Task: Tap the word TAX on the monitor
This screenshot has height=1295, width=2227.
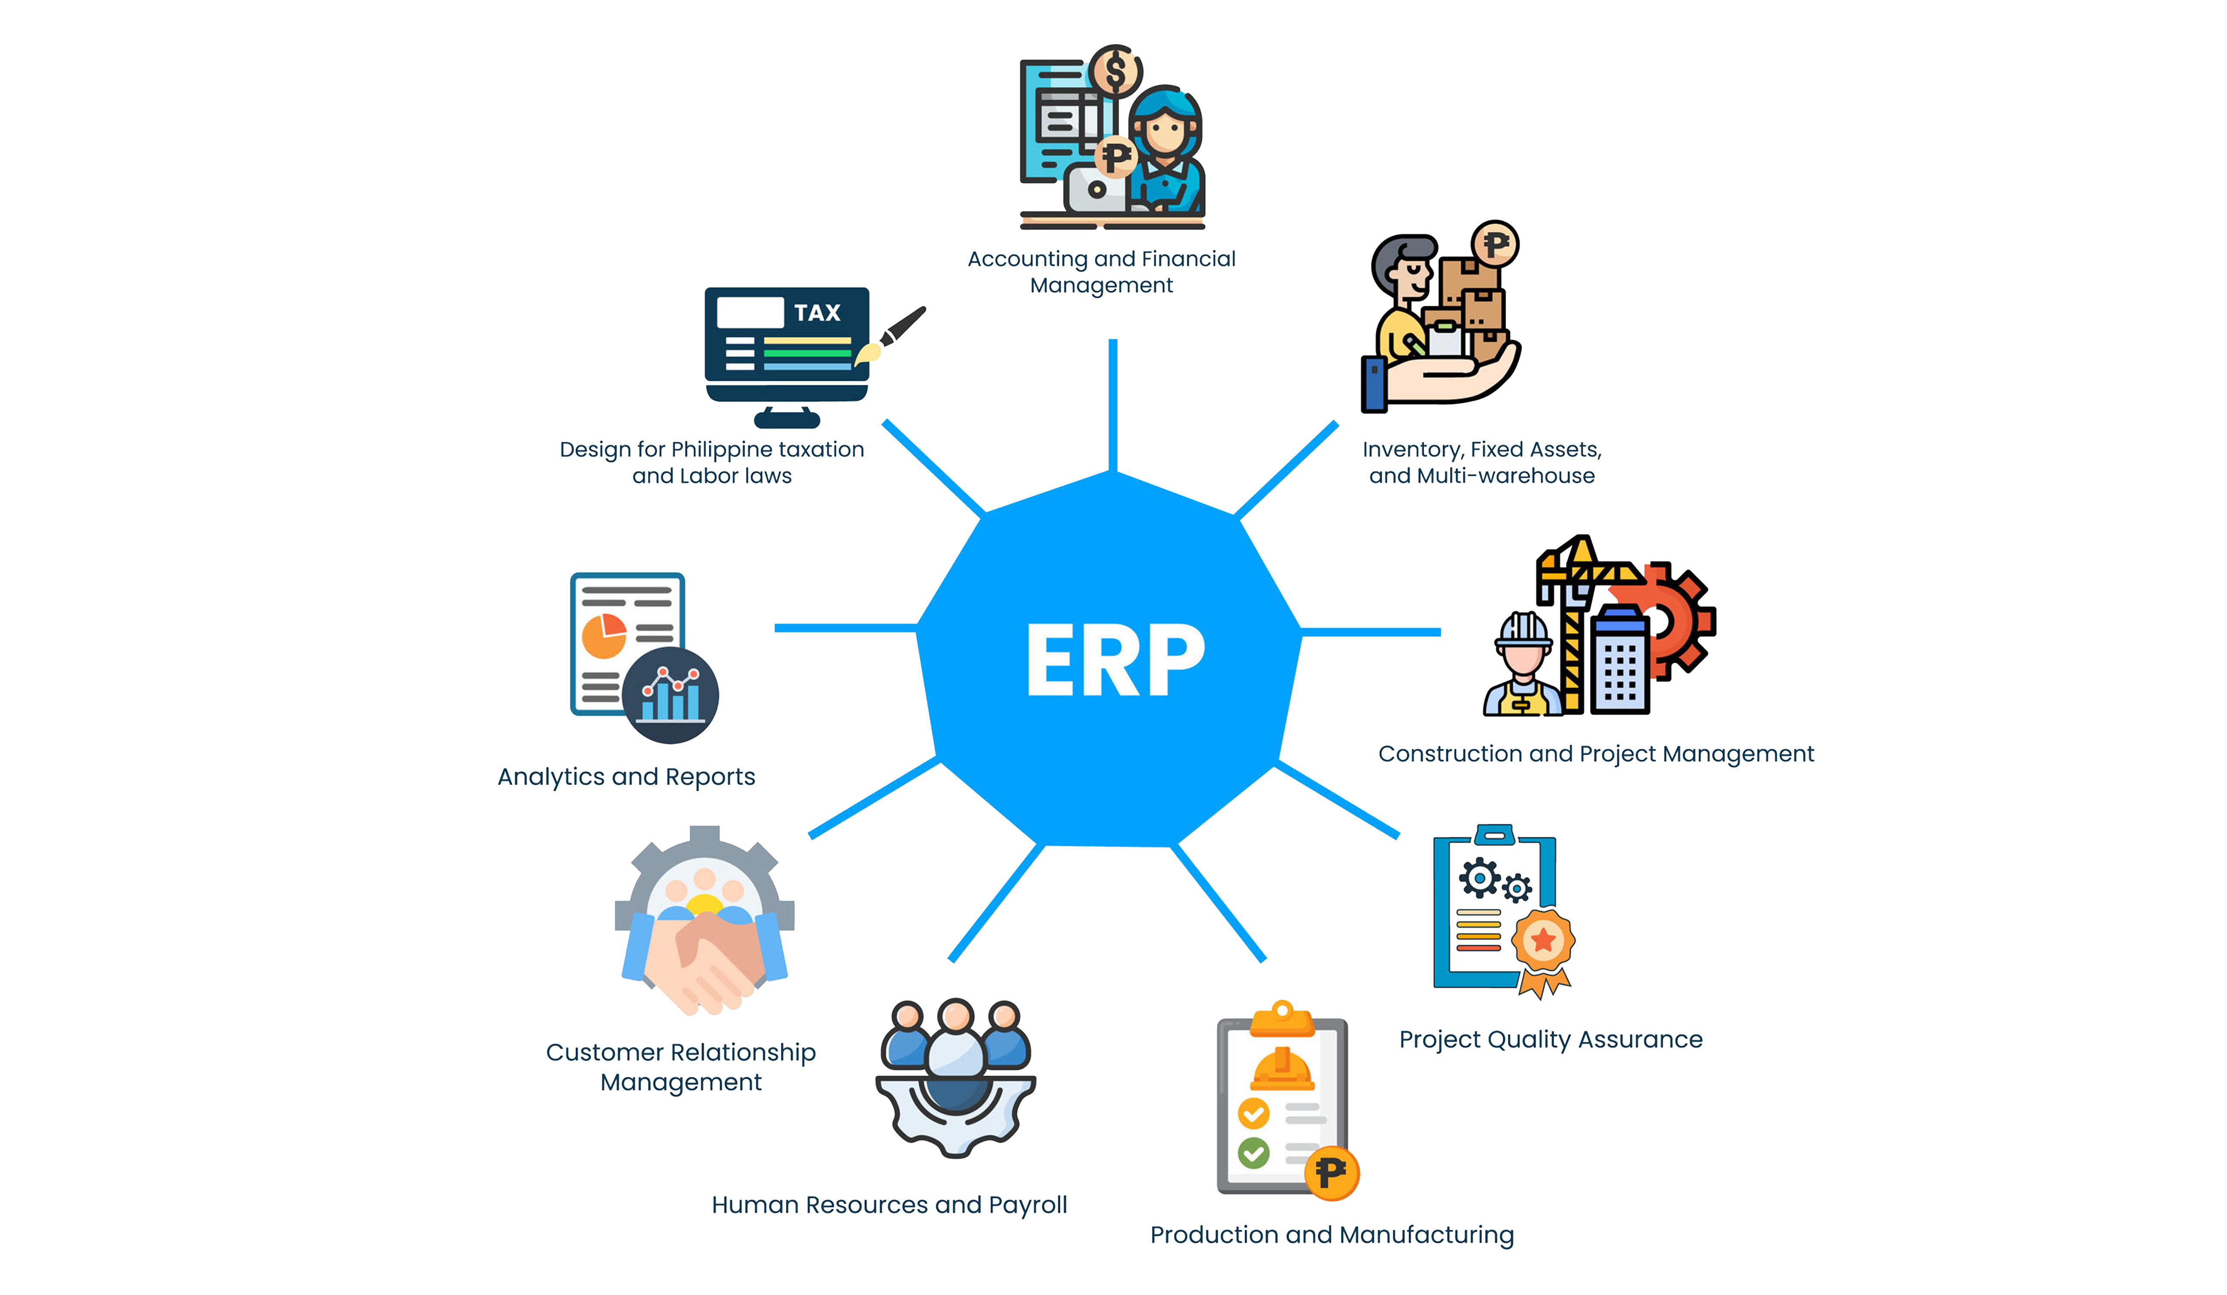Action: pyautogui.click(x=816, y=313)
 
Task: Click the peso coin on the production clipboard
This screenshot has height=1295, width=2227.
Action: pyautogui.click(x=1331, y=1173)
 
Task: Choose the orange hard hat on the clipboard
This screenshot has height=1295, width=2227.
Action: pyautogui.click(x=1282, y=1070)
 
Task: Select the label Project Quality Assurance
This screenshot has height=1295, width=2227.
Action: pyautogui.click(x=1550, y=1039)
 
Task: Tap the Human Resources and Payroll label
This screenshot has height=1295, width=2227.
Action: pyautogui.click(x=889, y=1205)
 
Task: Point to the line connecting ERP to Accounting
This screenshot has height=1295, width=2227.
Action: pyautogui.click(x=1112, y=405)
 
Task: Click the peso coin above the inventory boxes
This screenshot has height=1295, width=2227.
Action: pyautogui.click(x=1494, y=244)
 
